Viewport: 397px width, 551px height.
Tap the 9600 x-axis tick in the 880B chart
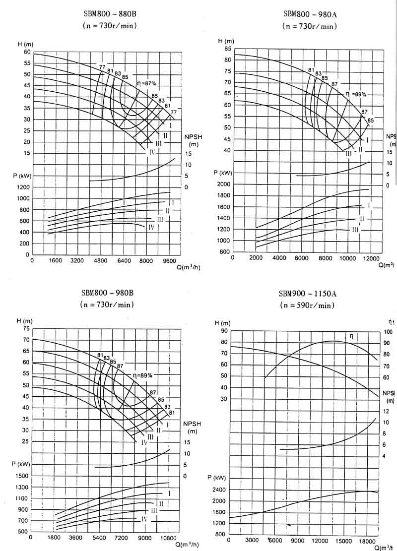pos(170,260)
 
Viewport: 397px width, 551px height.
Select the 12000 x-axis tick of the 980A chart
pos(371,258)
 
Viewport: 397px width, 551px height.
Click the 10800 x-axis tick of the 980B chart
pos(169,538)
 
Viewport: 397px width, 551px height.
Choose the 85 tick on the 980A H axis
pos(228,49)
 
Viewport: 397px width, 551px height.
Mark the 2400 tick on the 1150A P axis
pos(219,490)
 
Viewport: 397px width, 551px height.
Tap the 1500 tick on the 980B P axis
pos(23,476)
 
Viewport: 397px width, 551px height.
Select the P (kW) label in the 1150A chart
pos(217,478)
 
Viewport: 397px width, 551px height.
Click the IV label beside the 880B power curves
pos(151,227)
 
